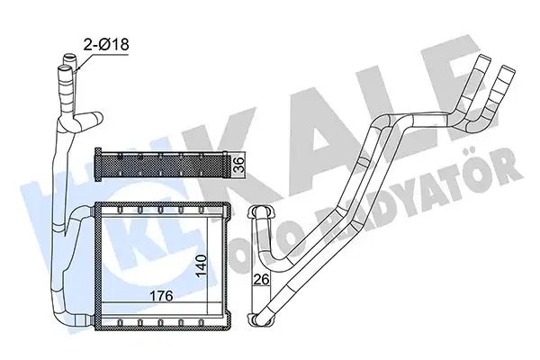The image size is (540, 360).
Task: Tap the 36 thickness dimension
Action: coord(238,164)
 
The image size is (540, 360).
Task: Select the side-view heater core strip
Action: coord(162,165)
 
